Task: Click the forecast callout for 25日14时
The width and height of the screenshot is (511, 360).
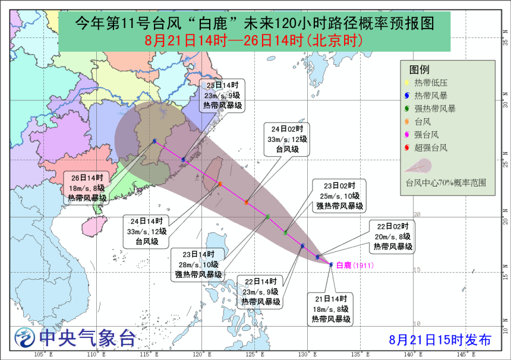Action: coord(221,95)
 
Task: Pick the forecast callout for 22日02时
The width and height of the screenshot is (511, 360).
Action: coord(393,236)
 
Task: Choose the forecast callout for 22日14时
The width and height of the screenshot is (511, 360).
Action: coord(261,291)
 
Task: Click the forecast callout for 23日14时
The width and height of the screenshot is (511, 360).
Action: coord(198,264)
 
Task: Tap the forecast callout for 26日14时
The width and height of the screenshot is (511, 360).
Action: coord(87,188)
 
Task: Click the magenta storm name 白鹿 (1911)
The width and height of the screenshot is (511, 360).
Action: coord(355,266)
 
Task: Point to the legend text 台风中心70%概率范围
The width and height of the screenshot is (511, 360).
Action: coord(445,182)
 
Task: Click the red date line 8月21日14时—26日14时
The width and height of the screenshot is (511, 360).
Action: coord(254,41)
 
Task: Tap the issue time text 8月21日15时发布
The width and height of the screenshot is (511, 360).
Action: coord(440,340)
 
